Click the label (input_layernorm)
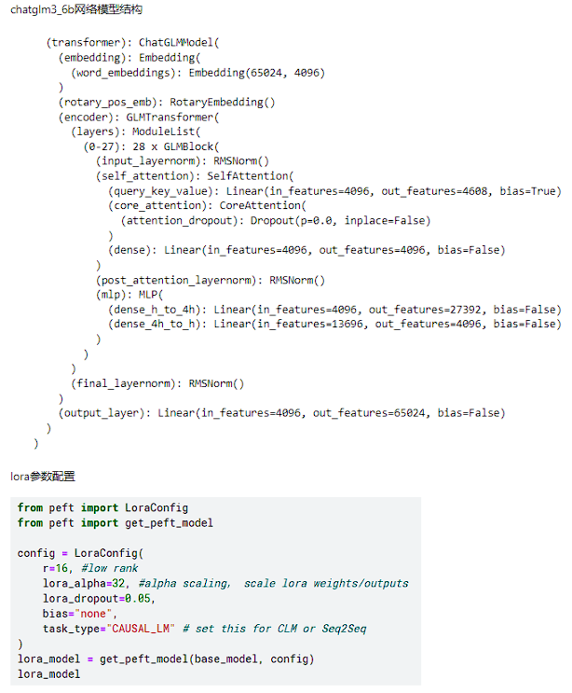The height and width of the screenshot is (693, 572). (x=145, y=161)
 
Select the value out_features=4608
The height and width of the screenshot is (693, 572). (x=421, y=191)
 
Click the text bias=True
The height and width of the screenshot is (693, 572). (x=532, y=191)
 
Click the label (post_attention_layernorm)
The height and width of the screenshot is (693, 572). (x=180, y=280)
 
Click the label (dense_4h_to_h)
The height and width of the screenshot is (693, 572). (x=157, y=325)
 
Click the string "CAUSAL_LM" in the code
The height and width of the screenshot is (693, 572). (x=142, y=629)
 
